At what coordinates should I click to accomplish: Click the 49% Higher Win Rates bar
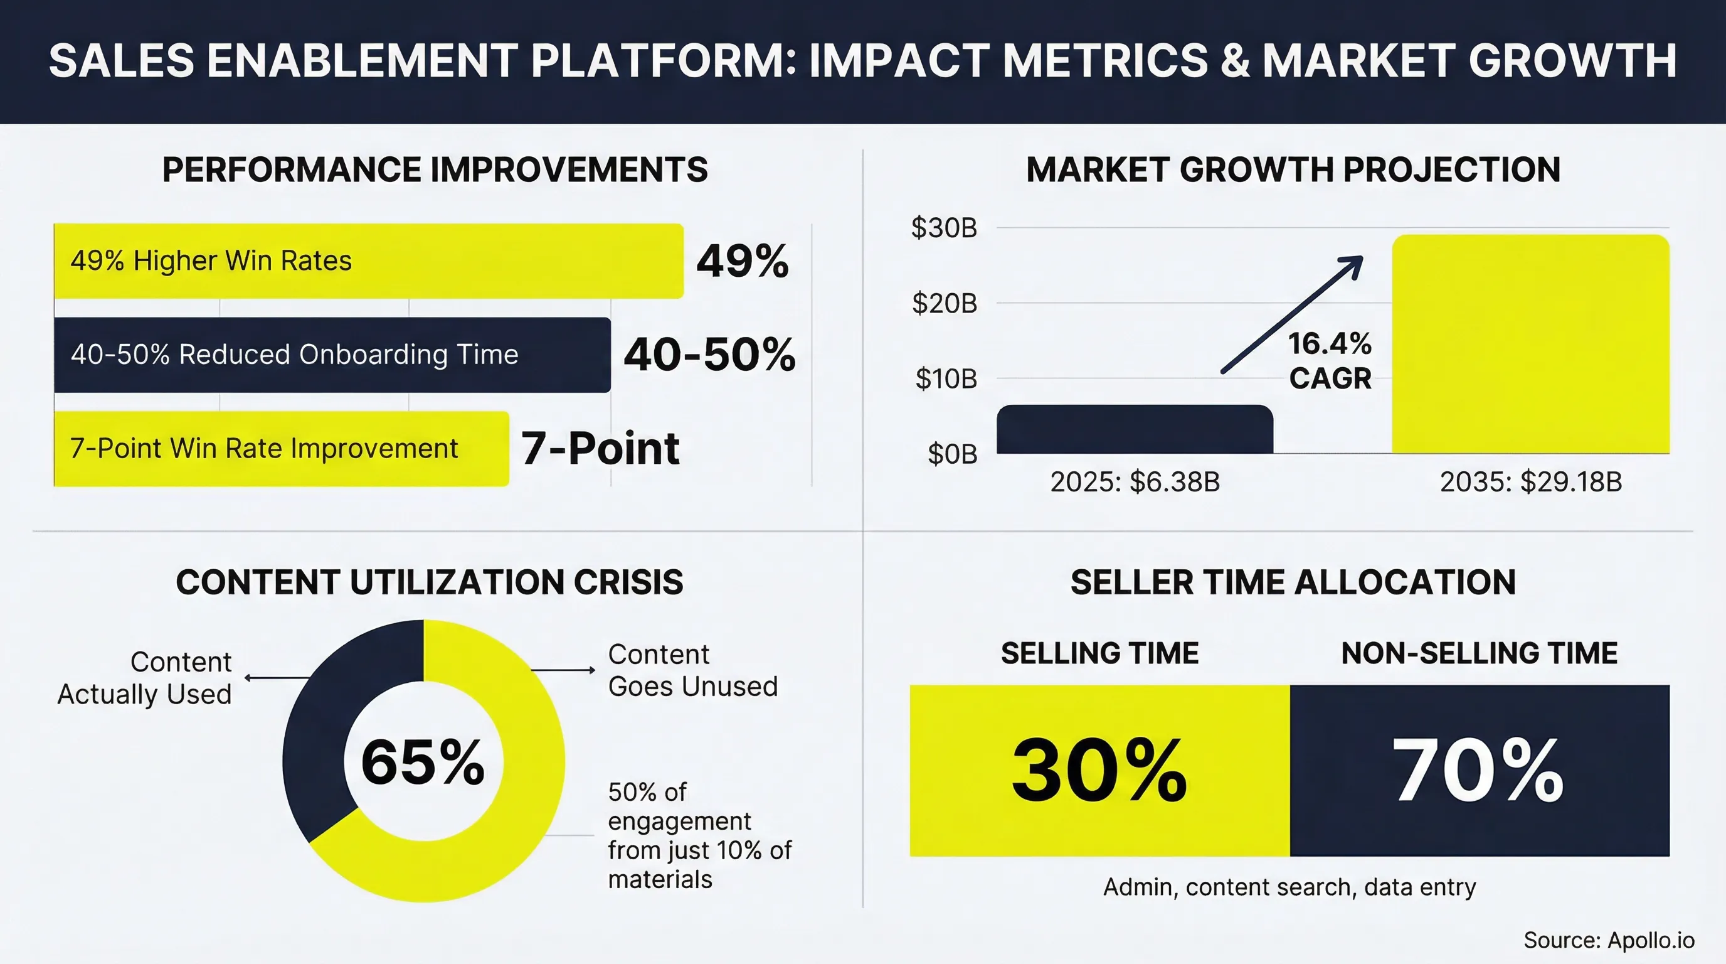pos(369,261)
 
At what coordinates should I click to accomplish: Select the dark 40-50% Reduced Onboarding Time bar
pos(332,355)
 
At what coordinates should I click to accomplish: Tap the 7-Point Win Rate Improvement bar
pos(282,449)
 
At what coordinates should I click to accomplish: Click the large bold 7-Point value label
pos(600,449)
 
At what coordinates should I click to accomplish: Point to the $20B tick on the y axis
pos(944,304)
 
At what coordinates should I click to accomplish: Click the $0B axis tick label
pos(951,454)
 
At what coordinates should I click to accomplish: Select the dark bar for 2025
pos(1135,430)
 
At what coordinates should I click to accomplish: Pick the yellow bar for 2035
pos(1530,344)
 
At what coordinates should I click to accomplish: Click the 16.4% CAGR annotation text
pos(1330,361)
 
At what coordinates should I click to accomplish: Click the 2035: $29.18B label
pos(1530,482)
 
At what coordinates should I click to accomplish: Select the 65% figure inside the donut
pos(423,762)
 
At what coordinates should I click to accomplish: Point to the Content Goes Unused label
pos(692,670)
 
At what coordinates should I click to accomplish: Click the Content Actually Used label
pos(145,678)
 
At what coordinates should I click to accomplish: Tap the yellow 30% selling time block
pos(1099,770)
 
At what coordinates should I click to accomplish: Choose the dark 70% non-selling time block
pos(1479,770)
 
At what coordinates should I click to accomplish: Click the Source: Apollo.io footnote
pos(1609,940)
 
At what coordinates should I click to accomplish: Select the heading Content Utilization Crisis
pos(430,582)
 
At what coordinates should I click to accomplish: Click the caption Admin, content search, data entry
pos(1289,887)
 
